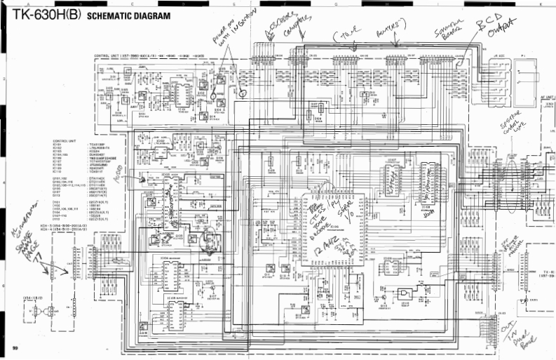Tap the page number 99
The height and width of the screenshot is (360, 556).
coord(15,348)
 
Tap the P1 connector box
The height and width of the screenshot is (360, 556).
coord(523,77)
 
